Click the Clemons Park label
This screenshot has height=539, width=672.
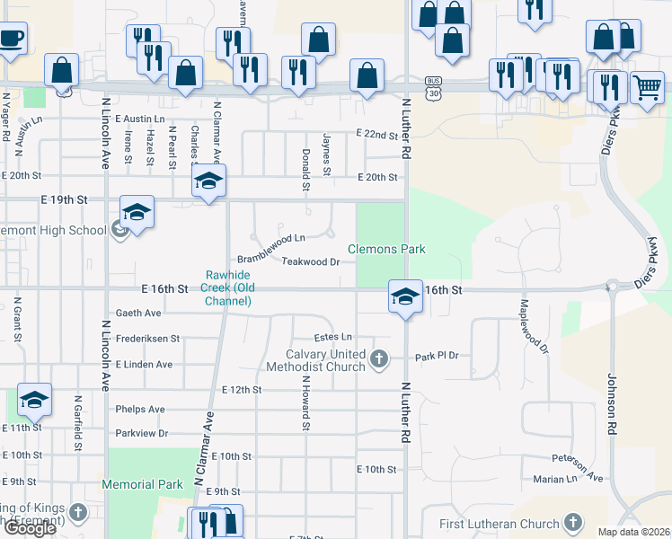pyautogui.click(x=386, y=249)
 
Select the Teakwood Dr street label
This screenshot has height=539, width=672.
pyautogui.click(x=310, y=262)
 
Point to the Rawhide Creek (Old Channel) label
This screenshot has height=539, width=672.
pyautogui.click(x=226, y=287)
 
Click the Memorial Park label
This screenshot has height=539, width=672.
pyautogui.click(x=143, y=484)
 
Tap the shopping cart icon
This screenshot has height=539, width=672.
pyautogui.click(x=647, y=88)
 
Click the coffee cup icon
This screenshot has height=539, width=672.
pyautogui.click(x=11, y=39)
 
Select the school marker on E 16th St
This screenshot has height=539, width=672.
pyautogui.click(x=405, y=296)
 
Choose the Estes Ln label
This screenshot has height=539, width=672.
pyautogui.click(x=332, y=338)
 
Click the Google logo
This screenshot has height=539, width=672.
pyautogui.click(x=29, y=528)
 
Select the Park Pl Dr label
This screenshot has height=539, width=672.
pyautogui.click(x=437, y=357)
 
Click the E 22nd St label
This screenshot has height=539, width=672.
pyautogui.click(x=376, y=134)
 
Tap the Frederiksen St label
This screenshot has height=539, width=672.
pyautogui.click(x=148, y=339)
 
